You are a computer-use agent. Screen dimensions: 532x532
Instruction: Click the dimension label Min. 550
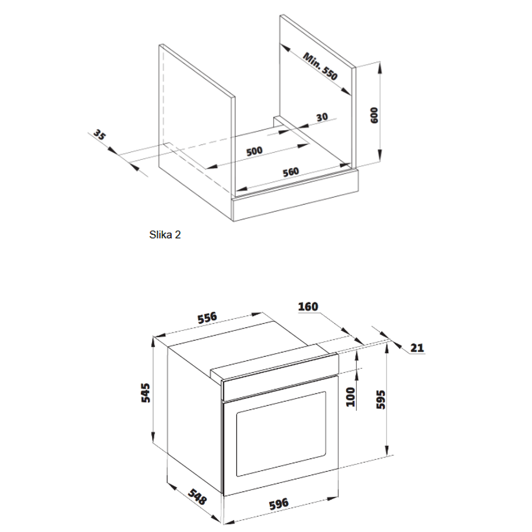coord(320,66)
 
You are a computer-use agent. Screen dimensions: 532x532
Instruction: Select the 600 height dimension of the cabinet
coord(373,114)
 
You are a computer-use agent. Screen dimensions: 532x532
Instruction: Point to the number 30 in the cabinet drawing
coord(322,117)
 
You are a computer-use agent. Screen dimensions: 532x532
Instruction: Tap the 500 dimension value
coord(254,150)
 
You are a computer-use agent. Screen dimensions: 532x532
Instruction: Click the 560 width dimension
coord(291,172)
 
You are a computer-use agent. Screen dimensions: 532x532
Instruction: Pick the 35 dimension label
coord(100,137)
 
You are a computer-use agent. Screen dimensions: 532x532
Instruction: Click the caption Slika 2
coord(165,234)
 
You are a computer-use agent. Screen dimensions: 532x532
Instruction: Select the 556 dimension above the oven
coord(207,318)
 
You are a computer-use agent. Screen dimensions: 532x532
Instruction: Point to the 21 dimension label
coord(417,347)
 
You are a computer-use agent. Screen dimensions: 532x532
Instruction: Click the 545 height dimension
coord(146,392)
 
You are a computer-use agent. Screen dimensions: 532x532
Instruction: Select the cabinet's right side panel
coord(317,89)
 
